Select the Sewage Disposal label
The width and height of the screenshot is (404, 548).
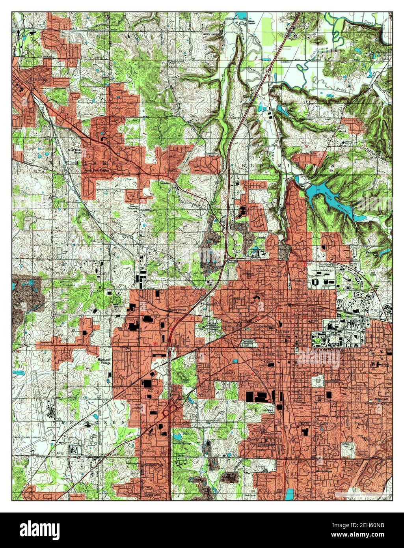[x=251, y=22]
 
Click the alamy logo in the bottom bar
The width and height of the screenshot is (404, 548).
[x=39, y=529]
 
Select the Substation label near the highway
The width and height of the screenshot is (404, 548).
[x=285, y=62]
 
